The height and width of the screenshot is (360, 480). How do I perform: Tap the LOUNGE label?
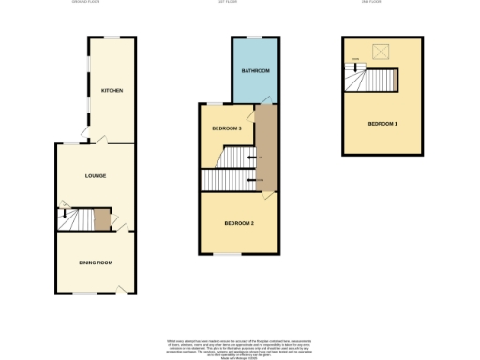95,176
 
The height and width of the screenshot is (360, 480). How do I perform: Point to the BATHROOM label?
255,71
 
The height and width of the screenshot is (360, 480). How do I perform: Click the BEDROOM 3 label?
226,127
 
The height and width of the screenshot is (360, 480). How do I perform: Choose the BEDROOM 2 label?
238,223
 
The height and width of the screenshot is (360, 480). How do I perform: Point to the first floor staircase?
225,180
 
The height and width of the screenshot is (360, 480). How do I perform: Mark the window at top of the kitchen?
112,37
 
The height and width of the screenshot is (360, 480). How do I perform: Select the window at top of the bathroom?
254,37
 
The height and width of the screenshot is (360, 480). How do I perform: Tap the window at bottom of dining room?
86,293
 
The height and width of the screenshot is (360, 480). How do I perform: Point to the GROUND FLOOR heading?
87,2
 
